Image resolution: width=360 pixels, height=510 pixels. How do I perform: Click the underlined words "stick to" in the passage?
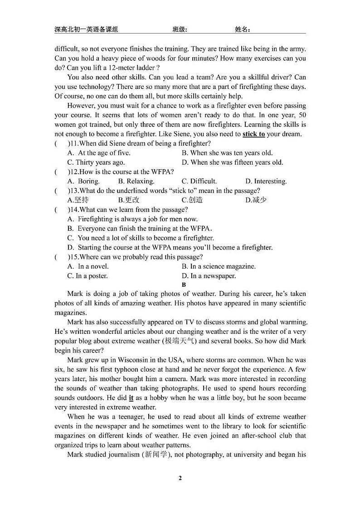point(253,134)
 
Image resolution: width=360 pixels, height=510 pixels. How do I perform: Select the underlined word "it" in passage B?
point(131,398)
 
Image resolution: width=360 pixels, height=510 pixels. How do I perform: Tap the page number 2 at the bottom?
point(180,478)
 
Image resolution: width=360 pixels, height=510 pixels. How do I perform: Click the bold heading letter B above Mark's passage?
point(184,285)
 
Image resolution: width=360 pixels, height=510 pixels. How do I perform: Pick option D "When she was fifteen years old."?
point(232,162)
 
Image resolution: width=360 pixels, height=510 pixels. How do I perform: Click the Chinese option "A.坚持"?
point(78,200)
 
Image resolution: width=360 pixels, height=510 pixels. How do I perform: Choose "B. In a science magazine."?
point(219,266)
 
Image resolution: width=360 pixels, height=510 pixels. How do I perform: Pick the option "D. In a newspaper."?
point(209,276)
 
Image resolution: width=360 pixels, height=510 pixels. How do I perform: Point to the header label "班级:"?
point(180,29)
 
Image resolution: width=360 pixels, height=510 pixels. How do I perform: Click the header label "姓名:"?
point(243,29)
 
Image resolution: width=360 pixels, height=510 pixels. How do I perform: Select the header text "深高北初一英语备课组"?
point(86,29)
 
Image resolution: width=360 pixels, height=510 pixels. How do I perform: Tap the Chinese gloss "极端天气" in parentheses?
point(179,341)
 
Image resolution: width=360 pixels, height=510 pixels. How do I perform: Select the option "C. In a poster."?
point(88,276)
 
